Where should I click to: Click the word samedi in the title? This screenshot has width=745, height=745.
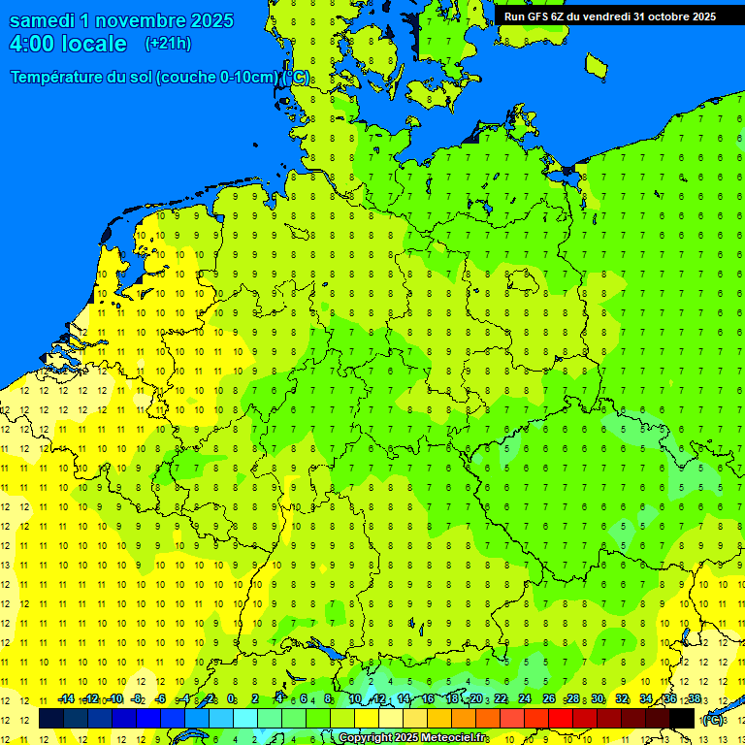coord(43,20)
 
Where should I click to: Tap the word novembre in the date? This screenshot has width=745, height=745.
coord(141,20)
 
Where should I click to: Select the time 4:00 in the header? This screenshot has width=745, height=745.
coord(31,44)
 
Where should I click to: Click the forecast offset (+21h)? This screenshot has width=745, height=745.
coord(168,44)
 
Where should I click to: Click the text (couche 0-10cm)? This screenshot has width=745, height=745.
coord(218,78)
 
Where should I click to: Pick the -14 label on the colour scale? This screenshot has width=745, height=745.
coord(65,699)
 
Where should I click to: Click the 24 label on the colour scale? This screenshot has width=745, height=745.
coord(525,699)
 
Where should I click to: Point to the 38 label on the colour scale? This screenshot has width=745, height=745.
coord(695,699)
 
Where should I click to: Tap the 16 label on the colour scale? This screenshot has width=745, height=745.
coord(428,699)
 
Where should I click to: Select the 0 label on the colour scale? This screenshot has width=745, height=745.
coord(231,699)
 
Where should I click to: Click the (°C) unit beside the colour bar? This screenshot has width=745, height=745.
coord(712,720)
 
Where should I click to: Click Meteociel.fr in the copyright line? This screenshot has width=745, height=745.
coord(452,738)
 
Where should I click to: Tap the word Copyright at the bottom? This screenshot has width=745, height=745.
coord(366,738)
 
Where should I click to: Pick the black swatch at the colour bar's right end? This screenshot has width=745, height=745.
coord(682,719)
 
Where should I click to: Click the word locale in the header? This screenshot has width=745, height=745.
coord(94,44)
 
